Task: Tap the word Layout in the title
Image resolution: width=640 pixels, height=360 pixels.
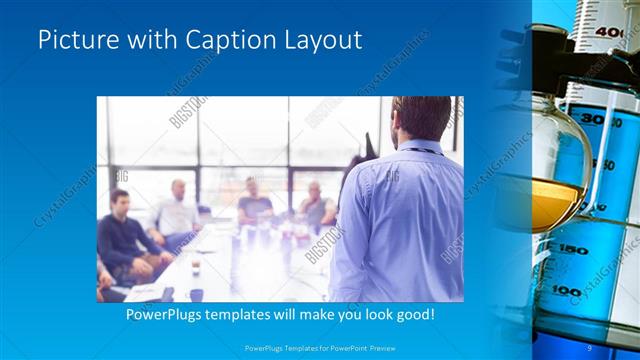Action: pos(324,40)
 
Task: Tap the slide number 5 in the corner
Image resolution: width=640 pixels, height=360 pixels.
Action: pos(590,348)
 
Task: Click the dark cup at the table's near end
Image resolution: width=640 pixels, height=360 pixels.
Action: pos(196,294)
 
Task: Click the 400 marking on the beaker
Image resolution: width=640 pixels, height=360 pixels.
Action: pos(609,33)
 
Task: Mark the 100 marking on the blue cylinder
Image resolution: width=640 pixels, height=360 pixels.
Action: pos(567,291)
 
